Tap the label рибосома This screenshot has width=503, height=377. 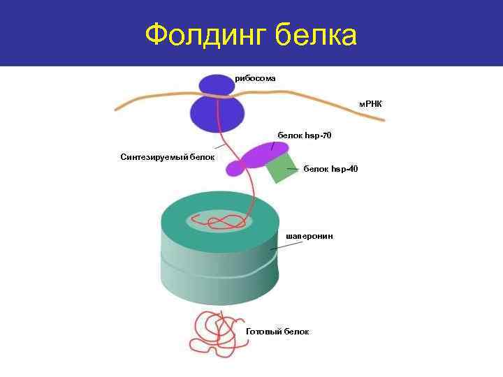pyautogui.click(x=256, y=78)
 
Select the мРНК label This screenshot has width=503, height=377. pyautogui.click(x=370, y=104)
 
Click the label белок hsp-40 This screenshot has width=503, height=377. pyautogui.click(x=330, y=169)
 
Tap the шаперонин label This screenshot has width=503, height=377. pyautogui.click(x=309, y=236)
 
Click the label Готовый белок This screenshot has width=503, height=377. pyautogui.click(x=277, y=331)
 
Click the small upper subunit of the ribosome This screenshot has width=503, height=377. pyautogui.click(x=216, y=85)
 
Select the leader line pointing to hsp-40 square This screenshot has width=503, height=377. pyautogui.click(x=293, y=169)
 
